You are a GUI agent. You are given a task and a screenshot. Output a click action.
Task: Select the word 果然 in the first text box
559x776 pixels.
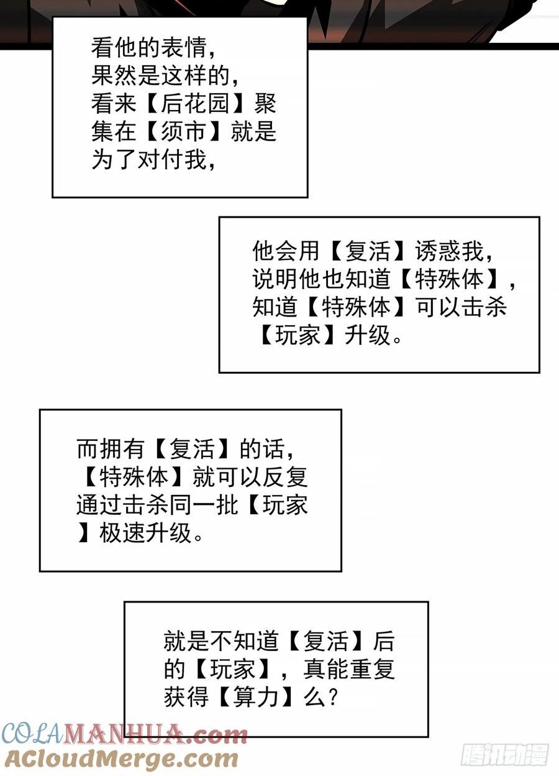click(x=114, y=76)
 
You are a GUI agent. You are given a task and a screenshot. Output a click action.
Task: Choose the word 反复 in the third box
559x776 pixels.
click(x=285, y=477)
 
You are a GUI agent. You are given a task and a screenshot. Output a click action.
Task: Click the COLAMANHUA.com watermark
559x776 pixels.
click(x=124, y=736)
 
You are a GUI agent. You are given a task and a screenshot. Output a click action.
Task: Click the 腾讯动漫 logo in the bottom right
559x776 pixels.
click(x=504, y=754)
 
